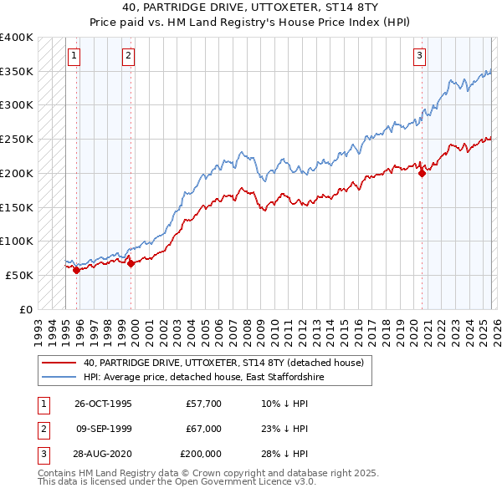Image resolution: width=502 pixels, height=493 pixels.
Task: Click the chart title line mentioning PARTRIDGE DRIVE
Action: click(x=250, y=6)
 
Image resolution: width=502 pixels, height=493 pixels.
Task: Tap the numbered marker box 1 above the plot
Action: click(x=74, y=56)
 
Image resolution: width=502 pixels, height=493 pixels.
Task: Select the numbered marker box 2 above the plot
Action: click(x=128, y=56)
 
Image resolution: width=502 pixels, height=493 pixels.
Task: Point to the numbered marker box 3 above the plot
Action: click(x=418, y=56)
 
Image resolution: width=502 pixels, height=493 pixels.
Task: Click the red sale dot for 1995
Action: click(x=76, y=270)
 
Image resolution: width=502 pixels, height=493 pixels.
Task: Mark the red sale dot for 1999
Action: click(x=131, y=263)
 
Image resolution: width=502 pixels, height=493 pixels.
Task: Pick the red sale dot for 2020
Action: click(x=422, y=173)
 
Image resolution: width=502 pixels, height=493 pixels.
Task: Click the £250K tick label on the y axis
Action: click(x=17, y=140)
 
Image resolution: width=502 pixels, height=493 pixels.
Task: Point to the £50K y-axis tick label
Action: click(x=20, y=275)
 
